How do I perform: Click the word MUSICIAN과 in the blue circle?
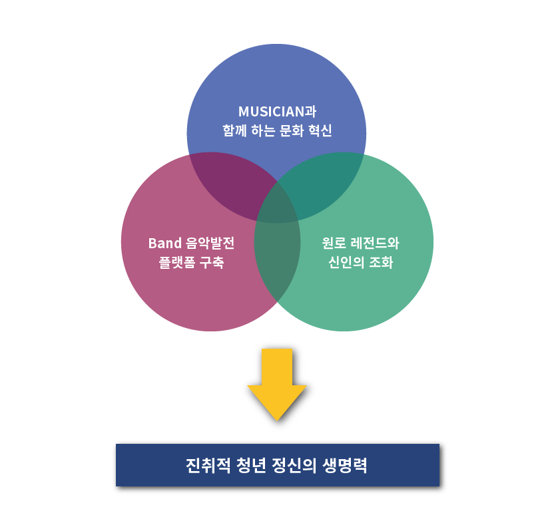[278, 112]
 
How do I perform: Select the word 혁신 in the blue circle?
[320, 130]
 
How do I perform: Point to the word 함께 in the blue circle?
[234, 130]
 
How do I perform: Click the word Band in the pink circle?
[164, 243]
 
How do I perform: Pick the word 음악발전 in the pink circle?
[210, 243]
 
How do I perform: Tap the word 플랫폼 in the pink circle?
[177, 262]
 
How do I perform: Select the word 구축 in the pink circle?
[212, 262]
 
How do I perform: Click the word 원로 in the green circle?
[334, 243]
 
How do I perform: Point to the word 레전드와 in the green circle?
[375, 243]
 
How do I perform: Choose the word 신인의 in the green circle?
[346, 262]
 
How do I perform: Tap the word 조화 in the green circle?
[382, 262]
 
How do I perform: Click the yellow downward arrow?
[277, 384]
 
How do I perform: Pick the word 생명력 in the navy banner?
[345, 465]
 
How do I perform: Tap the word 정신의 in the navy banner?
[294, 465]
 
